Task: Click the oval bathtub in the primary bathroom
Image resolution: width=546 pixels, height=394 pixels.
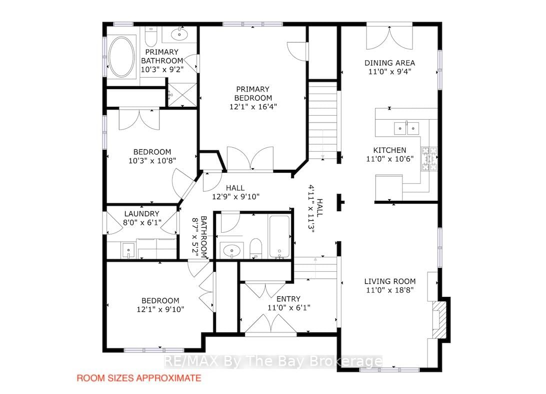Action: pyautogui.click(x=121, y=57)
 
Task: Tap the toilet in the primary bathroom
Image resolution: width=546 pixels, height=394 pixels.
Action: pyautogui.click(x=151, y=38)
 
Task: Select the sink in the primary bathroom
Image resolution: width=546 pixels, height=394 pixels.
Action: pyautogui.click(x=179, y=35)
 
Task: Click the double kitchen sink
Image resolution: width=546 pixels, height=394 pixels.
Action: pyautogui.click(x=406, y=128)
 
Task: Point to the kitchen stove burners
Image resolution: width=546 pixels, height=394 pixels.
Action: pyautogui.click(x=429, y=159)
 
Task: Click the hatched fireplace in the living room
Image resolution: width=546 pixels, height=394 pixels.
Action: pyautogui.click(x=439, y=319)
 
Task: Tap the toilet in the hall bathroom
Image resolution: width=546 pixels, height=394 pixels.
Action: pyautogui.click(x=256, y=248)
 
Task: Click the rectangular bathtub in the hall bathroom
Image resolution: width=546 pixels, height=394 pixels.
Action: pyautogui.click(x=279, y=237)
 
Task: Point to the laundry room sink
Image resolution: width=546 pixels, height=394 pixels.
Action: pyautogui.click(x=128, y=250)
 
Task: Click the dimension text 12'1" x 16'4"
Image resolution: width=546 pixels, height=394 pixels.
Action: pyautogui.click(x=253, y=107)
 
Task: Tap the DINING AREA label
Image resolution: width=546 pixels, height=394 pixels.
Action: pyautogui.click(x=389, y=63)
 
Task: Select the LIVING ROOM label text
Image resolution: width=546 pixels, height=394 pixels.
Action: pyautogui.click(x=390, y=281)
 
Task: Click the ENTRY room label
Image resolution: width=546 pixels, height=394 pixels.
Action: pyautogui.click(x=288, y=299)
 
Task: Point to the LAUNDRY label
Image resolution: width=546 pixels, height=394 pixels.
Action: pyautogui.click(x=141, y=214)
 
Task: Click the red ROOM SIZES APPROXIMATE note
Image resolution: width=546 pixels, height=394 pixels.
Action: pyautogui.click(x=139, y=378)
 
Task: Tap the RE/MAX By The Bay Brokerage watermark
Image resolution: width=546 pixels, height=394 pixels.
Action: pyautogui.click(x=273, y=361)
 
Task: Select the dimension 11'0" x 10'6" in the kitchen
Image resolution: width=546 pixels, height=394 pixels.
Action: pyautogui.click(x=389, y=159)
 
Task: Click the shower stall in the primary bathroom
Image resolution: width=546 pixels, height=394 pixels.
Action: pyautogui.click(x=182, y=94)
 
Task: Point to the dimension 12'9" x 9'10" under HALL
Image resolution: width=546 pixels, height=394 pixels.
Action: pyautogui.click(x=235, y=197)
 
